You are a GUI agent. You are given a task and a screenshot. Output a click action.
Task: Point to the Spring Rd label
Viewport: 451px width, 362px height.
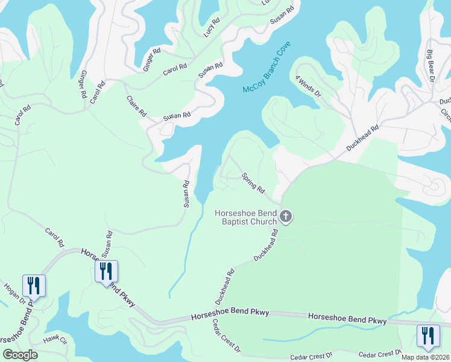tap(253, 183)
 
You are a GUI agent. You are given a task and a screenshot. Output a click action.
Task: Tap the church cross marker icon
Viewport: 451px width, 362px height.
tap(286, 217)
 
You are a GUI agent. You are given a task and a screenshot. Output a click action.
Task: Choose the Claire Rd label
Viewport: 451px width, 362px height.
tap(137, 106)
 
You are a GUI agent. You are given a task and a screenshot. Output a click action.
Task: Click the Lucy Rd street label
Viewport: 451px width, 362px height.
tap(212, 27)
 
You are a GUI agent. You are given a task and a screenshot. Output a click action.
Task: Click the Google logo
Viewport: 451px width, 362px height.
tap(20, 355)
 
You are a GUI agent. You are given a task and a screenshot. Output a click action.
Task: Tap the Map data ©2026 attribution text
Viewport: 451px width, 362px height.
tap(426, 357)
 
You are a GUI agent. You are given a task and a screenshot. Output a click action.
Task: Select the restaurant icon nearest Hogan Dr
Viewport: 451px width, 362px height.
tap(34, 285)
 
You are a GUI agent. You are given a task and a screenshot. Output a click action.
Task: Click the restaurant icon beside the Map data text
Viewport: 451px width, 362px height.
tap(427, 335)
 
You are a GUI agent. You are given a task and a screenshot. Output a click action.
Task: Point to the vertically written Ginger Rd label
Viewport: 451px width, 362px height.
tap(81, 86)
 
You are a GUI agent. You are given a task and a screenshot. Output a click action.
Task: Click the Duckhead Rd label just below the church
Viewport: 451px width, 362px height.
tap(266, 245)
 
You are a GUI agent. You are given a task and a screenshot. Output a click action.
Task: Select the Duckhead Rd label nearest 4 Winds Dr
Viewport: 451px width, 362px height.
tap(363, 138)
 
